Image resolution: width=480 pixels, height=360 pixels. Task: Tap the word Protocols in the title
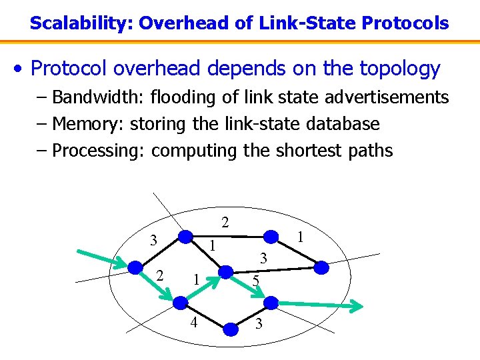(405, 23)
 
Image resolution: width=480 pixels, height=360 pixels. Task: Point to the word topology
(399, 69)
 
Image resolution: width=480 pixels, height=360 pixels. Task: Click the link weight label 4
(194, 323)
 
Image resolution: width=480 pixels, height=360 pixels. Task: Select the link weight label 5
(256, 282)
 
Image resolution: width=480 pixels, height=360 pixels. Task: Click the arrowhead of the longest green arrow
(357, 307)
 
